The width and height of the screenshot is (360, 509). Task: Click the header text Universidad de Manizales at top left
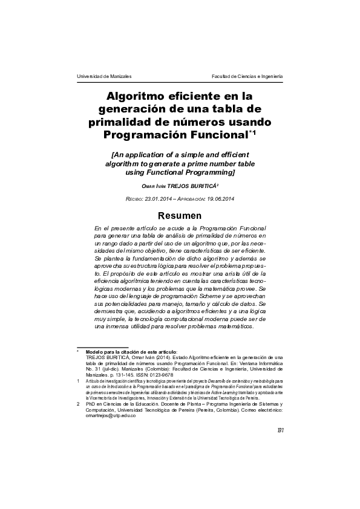click(104, 76)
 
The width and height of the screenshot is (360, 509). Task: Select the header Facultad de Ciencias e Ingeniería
click(246, 76)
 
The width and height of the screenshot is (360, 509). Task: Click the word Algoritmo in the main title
click(137, 96)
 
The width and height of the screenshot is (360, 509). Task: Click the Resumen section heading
click(180, 216)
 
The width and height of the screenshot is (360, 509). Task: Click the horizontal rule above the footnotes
click(103, 347)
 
